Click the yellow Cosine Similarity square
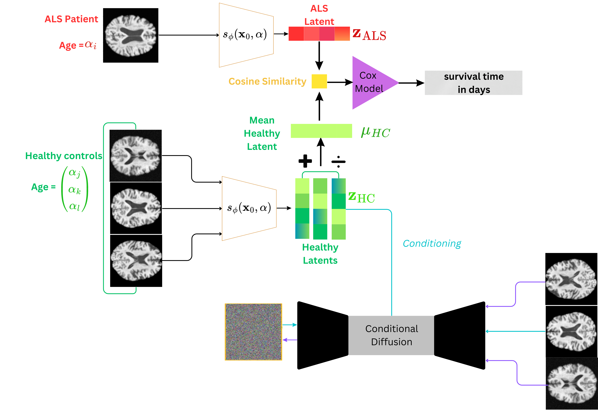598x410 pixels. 319,81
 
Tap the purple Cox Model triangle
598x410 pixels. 371,83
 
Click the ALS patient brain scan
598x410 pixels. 131,35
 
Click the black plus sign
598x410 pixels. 305,161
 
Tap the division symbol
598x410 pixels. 338,162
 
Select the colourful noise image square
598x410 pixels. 253,332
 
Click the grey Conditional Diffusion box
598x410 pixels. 391,335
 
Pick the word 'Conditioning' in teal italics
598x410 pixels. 432,243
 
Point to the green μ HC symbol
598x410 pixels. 375,132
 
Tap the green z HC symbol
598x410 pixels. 361,197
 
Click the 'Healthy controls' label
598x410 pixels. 64,156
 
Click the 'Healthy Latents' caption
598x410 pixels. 320,254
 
